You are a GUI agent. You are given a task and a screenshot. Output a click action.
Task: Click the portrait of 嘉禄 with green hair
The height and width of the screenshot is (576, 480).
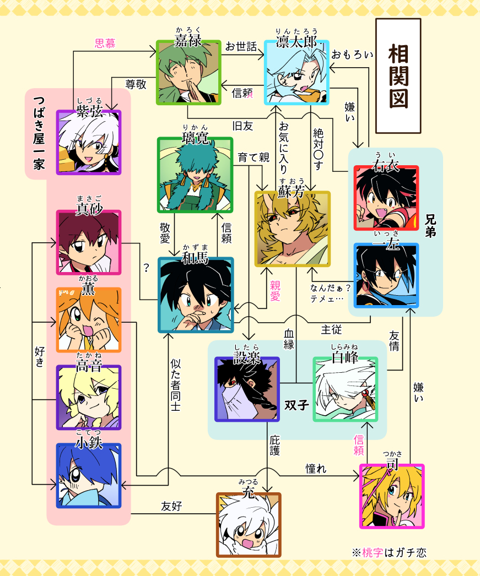[188, 72]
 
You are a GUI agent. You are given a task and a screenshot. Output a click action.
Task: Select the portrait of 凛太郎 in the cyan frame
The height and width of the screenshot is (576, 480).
[296, 72]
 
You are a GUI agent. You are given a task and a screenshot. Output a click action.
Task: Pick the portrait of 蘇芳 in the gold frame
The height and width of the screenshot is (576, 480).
[292, 228]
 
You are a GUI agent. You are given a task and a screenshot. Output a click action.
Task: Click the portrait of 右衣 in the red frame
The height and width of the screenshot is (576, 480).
[386, 198]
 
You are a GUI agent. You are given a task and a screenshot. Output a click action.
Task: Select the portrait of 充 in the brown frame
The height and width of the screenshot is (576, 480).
[249, 525]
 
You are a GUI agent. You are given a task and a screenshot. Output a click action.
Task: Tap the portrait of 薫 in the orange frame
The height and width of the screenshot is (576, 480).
[89, 320]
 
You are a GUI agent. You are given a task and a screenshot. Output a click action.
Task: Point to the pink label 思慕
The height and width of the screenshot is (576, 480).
[105, 44]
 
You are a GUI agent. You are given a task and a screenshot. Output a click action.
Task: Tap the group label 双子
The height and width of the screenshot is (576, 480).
[296, 405]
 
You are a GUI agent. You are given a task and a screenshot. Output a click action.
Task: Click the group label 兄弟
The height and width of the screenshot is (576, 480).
[430, 225]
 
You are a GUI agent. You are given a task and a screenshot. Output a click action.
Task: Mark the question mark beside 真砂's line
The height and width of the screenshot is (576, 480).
[146, 268]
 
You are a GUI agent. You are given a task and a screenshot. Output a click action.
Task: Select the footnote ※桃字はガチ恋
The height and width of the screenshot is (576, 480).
[389, 552]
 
